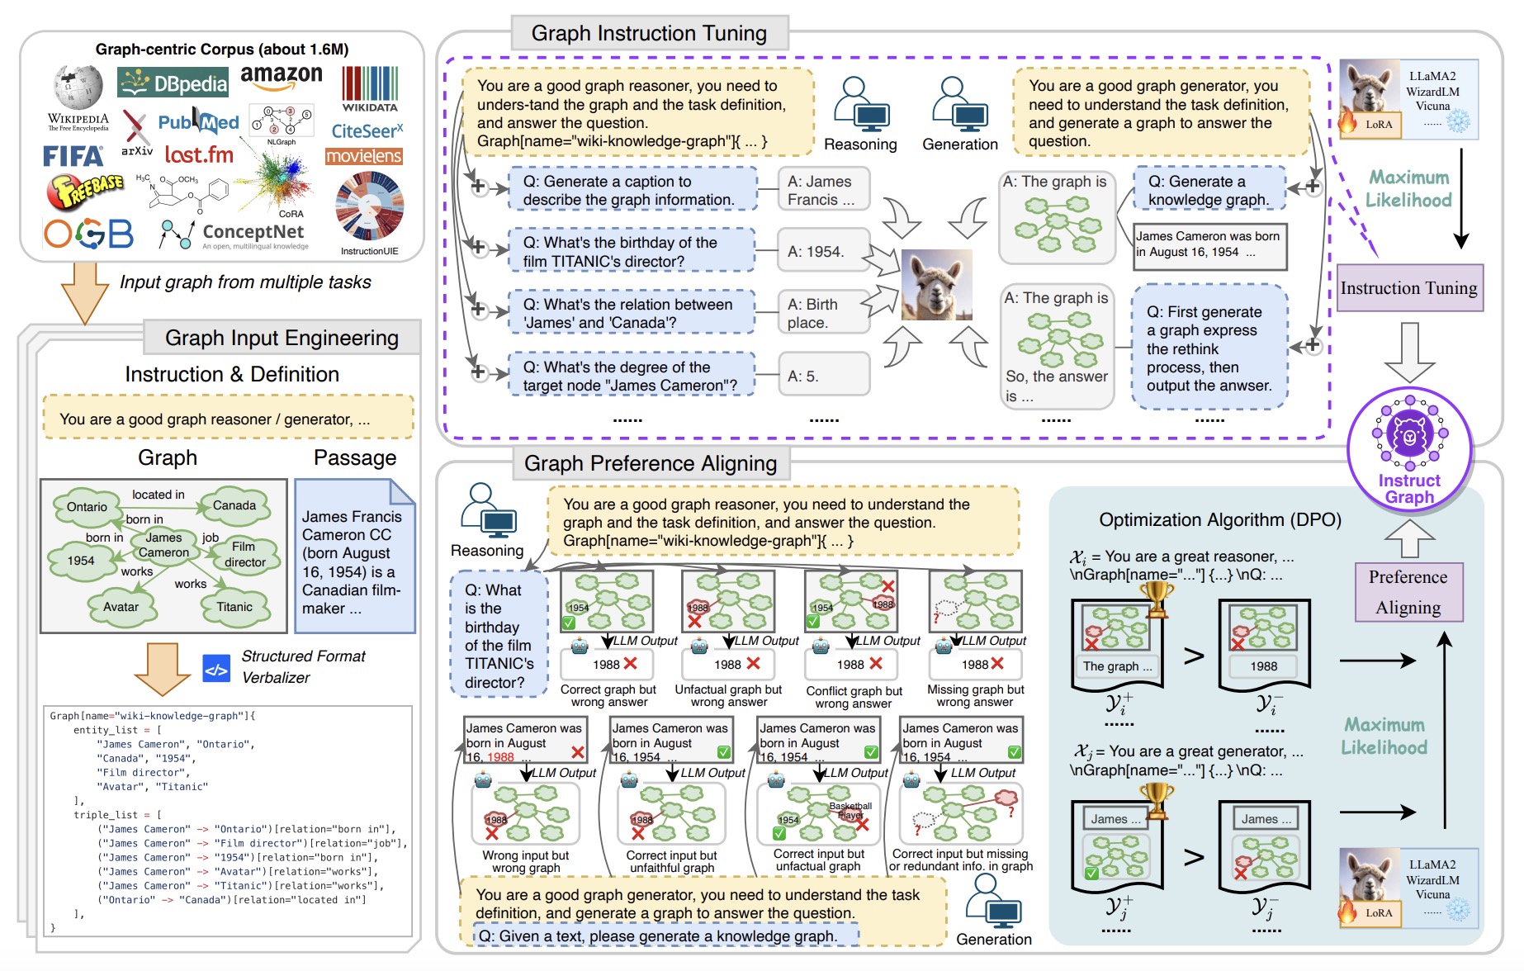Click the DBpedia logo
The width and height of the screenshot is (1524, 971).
tap(173, 83)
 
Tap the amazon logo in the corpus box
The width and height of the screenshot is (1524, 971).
tap(282, 77)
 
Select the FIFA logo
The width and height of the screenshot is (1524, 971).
tap(73, 156)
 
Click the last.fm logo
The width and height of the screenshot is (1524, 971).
tap(199, 154)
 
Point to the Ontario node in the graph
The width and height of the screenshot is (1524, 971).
tap(88, 506)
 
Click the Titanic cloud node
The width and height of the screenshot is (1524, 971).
tap(234, 607)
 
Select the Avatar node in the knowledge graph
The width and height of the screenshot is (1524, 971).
tap(121, 607)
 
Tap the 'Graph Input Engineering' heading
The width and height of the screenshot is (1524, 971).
tap(282, 338)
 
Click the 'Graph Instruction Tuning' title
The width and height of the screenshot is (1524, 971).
tap(649, 34)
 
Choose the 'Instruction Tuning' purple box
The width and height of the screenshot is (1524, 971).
tap(1409, 288)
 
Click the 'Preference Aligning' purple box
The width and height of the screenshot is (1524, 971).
tap(1408, 592)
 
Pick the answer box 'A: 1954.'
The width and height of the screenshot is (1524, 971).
tap(823, 252)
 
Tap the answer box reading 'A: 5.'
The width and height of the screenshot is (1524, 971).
tap(823, 377)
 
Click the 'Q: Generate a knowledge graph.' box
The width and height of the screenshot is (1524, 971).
tap(1209, 190)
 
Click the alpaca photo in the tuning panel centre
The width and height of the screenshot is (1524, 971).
tap(937, 285)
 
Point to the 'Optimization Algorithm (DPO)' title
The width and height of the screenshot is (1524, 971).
tap(1220, 520)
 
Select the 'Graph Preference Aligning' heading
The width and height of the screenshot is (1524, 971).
tap(651, 464)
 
